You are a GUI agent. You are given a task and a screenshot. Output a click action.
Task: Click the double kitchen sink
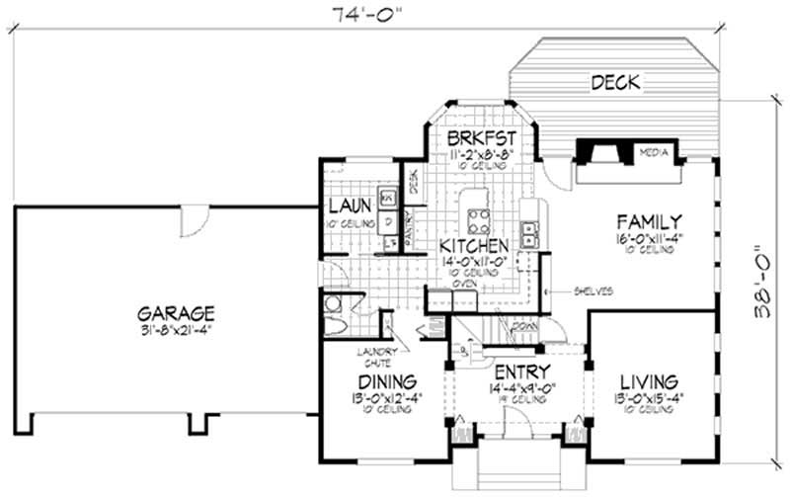pyautogui.click(x=530, y=233)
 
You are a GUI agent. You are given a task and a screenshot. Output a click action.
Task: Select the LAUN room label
pyautogui.click(x=351, y=206)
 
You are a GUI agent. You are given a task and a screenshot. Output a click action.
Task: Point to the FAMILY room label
pyautogui.click(x=647, y=220)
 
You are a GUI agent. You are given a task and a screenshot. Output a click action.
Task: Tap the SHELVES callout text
pyautogui.click(x=594, y=291)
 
